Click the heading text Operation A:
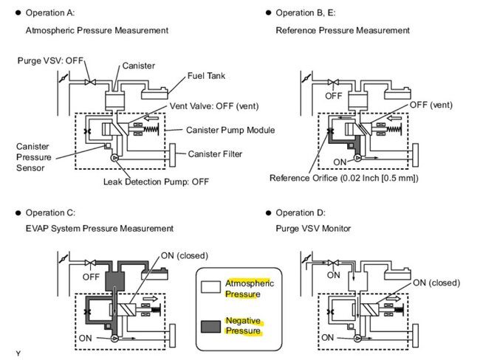[49, 13]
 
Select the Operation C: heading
[50, 212]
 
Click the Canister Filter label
[214, 154]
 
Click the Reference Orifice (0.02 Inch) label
[343, 178]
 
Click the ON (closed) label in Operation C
[185, 256]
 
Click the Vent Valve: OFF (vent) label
[208, 106]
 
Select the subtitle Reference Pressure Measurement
[343, 30]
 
